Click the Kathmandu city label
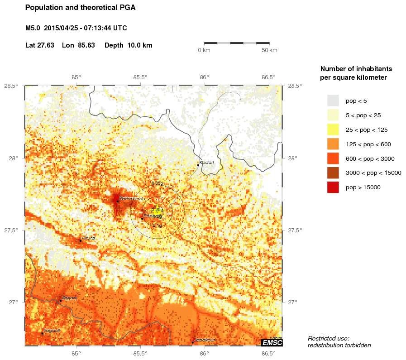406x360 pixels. click(x=132, y=199)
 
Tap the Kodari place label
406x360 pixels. click(x=206, y=163)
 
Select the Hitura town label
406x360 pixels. click(x=89, y=238)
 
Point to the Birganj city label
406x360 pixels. click(x=70, y=298)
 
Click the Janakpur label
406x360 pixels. click(x=204, y=340)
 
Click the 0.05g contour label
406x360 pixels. click(x=157, y=183)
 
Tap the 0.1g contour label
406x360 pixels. click(x=157, y=225)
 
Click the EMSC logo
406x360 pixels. click(x=272, y=343)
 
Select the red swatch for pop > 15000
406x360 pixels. click(x=333, y=187)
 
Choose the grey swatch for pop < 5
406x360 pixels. click(x=333, y=101)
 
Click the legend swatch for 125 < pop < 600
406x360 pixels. click(x=333, y=144)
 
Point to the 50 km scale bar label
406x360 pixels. click(x=270, y=50)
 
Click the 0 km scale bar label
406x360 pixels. click(x=204, y=50)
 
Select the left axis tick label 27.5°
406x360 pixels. click(x=11, y=230)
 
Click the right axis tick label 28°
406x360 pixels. click(x=292, y=158)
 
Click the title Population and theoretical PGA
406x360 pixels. click(x=80, y=8)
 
